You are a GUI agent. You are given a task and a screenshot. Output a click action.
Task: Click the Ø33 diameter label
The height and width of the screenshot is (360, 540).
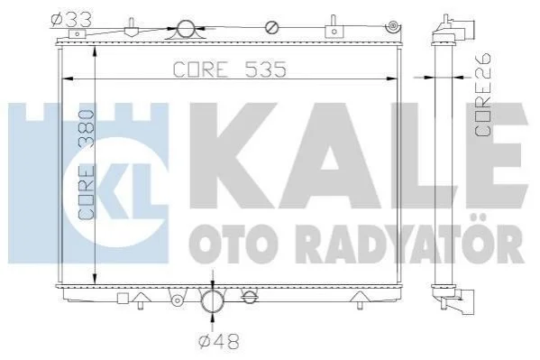(x=71, y=20)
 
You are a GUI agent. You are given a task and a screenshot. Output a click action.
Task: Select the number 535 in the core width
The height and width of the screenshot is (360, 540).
(x=266, y=69)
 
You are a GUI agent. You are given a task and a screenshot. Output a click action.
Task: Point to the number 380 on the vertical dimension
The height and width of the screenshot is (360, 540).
(x=87, y=129)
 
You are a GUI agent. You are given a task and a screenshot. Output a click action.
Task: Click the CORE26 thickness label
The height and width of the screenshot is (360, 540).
(x=482, y=95)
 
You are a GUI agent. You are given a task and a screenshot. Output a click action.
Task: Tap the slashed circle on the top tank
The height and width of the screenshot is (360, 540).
(x=271, y=28)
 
